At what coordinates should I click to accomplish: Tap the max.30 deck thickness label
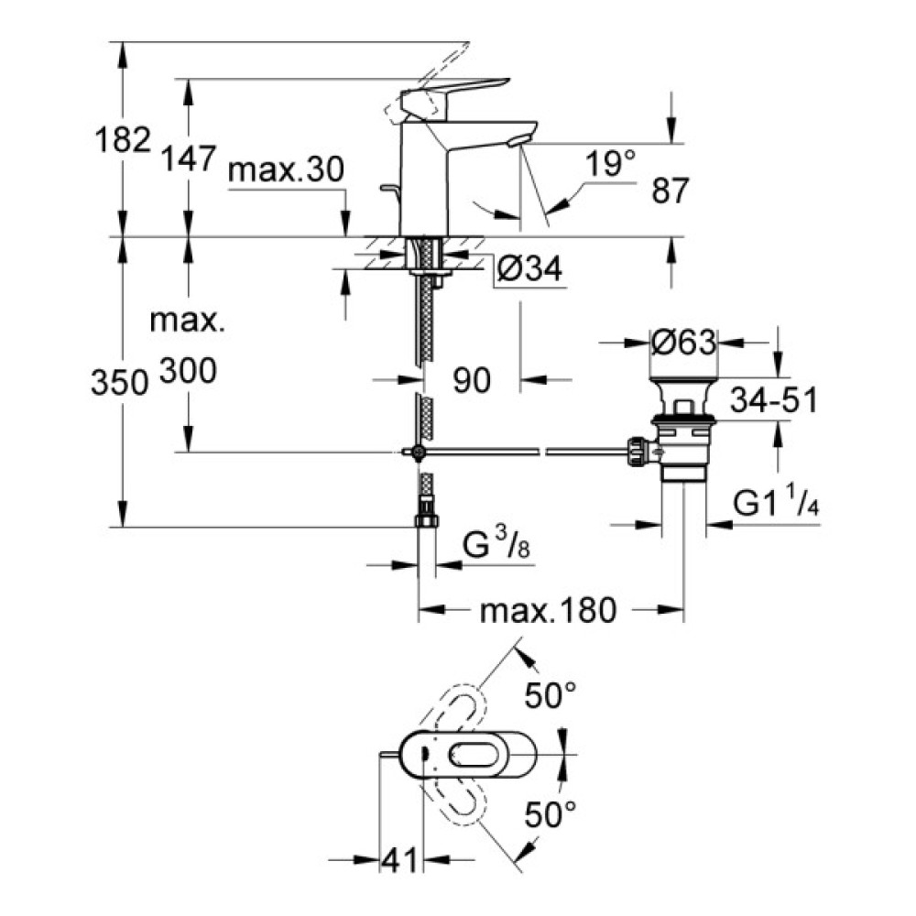pos(285,170)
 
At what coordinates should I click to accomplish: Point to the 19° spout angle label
pos(611,165)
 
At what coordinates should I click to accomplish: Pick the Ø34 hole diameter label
pos(528,269)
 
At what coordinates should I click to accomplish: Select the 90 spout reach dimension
pos(473,378)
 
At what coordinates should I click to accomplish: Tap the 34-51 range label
pos(773,400)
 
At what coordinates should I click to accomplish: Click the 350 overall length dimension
pos(120,383)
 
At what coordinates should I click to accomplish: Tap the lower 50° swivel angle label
pos(551,811)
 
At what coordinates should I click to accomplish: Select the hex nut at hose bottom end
pos(426,521)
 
